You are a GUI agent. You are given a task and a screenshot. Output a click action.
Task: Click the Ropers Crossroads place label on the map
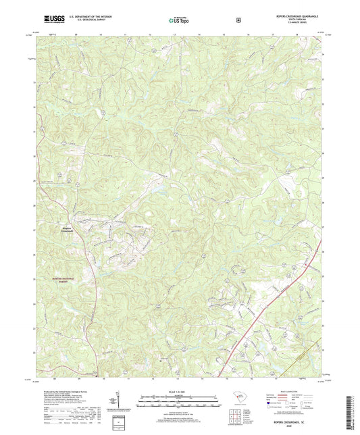point(69,230)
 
